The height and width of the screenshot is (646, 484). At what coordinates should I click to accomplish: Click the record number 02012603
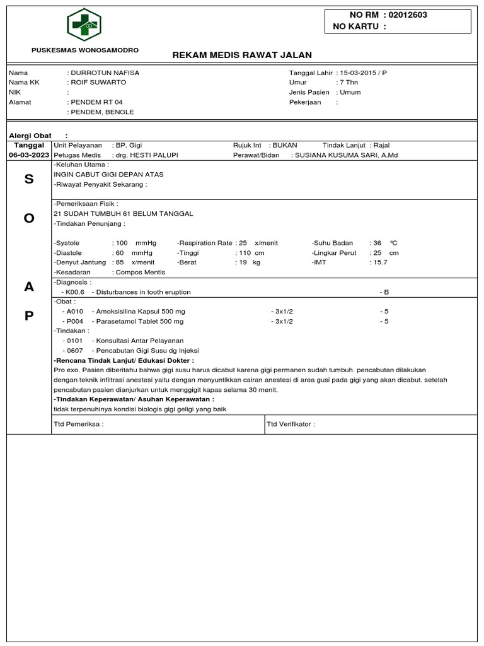tap(407, 15)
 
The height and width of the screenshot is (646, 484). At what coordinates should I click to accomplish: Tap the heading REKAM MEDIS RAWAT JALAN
tap(242, 55)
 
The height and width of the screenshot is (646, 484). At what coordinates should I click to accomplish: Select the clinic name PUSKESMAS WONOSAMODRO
tap(86, 50)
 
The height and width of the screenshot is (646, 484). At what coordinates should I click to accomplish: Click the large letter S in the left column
tap(28, 179)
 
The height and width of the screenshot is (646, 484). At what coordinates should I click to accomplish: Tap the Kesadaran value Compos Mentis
tap(139, 272)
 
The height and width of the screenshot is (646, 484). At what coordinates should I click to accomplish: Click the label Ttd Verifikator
tap(291, 424)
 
